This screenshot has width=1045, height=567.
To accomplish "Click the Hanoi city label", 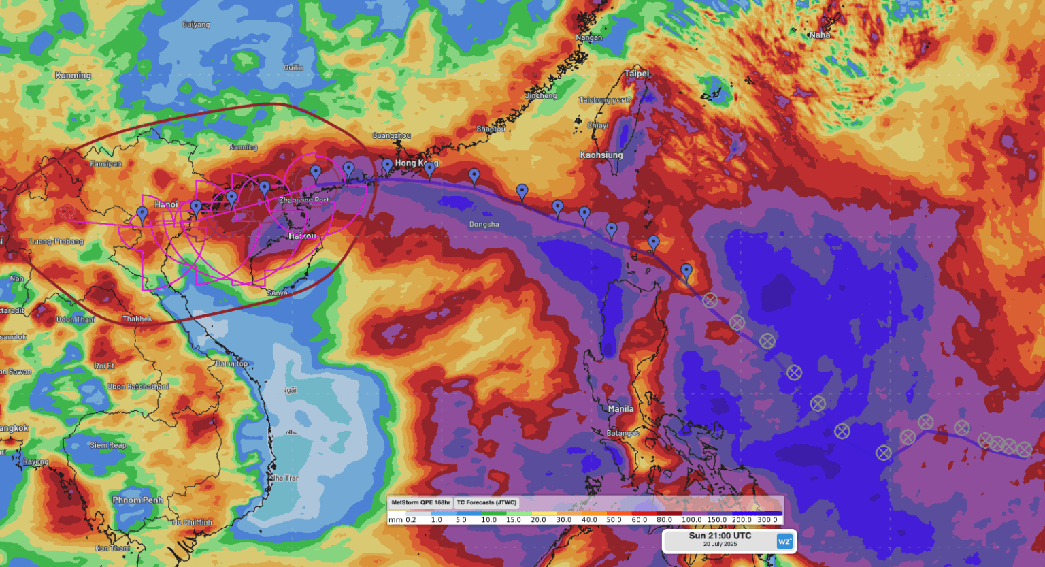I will (166, 204).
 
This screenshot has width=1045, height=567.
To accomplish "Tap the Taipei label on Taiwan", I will (637, 74).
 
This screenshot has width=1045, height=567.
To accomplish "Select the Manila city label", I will (620, 409).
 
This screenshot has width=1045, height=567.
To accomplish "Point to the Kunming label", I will (73, 76).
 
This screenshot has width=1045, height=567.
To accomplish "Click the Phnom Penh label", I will (137, 500).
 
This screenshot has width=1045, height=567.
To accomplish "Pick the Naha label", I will (819, 35).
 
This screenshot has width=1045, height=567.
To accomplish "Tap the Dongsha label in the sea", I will (484, 225).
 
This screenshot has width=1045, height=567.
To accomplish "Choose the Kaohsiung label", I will (601, 155).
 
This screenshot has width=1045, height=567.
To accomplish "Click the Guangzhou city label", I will (391, 136).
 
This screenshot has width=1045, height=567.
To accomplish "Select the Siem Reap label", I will (107, 446).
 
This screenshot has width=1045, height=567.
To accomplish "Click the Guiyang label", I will (196, 25).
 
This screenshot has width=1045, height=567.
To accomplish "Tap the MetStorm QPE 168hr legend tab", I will (420, 503).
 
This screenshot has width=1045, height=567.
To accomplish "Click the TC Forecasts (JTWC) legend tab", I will (486, 503).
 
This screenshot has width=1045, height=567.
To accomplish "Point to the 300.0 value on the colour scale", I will (767, 520).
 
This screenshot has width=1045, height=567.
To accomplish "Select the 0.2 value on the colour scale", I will (411, 520).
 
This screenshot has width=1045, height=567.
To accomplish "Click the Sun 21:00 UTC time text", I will (720, 536).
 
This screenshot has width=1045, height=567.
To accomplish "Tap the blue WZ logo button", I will (784, 541).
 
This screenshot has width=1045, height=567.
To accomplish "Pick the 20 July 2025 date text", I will (720, 545).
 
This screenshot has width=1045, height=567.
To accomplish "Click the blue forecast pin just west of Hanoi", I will (142, 214).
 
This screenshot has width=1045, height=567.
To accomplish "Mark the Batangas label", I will (623, 434).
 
